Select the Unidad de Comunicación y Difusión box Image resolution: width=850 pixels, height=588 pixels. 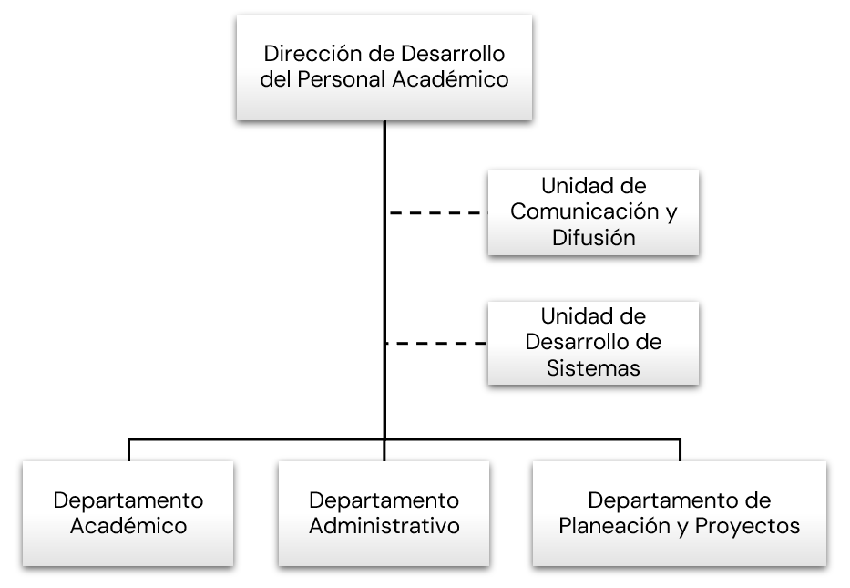point(593,211)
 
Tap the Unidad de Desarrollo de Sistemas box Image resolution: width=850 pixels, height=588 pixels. point(593,343)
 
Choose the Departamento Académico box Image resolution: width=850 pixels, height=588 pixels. point(128,513)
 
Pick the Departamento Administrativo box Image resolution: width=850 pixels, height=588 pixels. point(384,513)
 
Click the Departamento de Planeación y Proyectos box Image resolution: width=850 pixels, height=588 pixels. point(680,513)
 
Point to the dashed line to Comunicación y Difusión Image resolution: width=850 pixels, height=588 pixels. point(437,213)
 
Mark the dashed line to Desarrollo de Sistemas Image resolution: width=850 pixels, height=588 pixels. point(437,344)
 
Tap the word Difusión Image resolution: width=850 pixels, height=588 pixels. point(593,237)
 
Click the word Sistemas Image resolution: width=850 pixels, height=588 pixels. point(593,368)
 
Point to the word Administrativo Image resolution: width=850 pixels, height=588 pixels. point(384,526)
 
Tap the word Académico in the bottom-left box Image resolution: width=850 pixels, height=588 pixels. point(128,526)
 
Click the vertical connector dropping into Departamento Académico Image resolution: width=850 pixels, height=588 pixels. point(128,449)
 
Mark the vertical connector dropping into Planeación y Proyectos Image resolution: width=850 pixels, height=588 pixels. point(680,449)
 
